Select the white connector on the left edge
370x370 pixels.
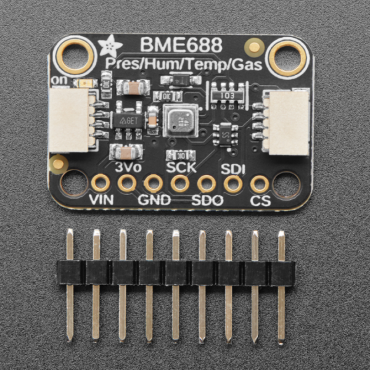pyautogui.click(x=70, y=118)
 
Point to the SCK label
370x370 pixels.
pyautogui.click(x=180, y=165)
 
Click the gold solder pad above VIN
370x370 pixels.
pyautogui.click(x=100, y=183)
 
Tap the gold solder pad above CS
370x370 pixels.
pyautogui.click(x=260, y=183)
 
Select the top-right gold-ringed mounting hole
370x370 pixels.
pyautogui.click(x=286, y=57)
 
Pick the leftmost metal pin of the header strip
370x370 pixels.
pyautogui.click(x=70, y=284)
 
